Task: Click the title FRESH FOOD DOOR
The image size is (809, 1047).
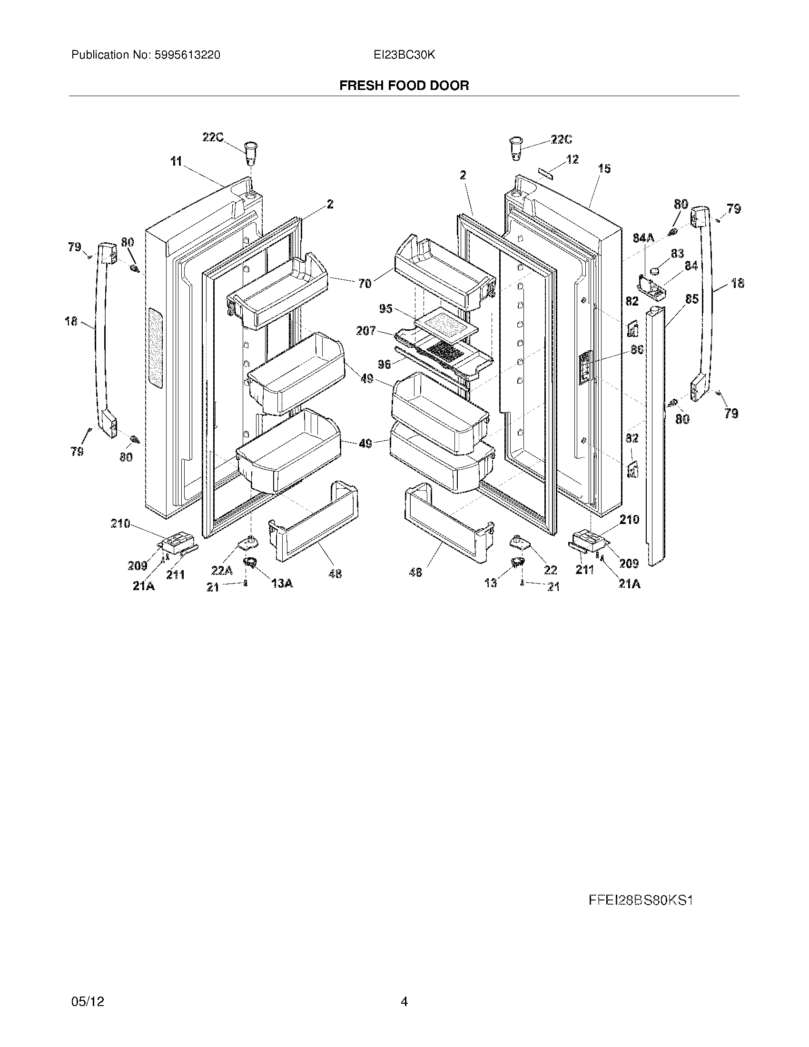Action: point(404,85)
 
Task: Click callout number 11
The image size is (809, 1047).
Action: point(177,161)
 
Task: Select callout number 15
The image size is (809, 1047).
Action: point(604,168)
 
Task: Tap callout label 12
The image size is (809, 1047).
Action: point(572,159)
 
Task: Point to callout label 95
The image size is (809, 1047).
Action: point(385,309)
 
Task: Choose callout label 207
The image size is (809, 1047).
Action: point(365,330)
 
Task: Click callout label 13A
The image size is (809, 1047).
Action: point(282,583)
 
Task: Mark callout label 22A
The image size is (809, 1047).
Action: point(222,570)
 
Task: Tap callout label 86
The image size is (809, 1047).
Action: point(636,350)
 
